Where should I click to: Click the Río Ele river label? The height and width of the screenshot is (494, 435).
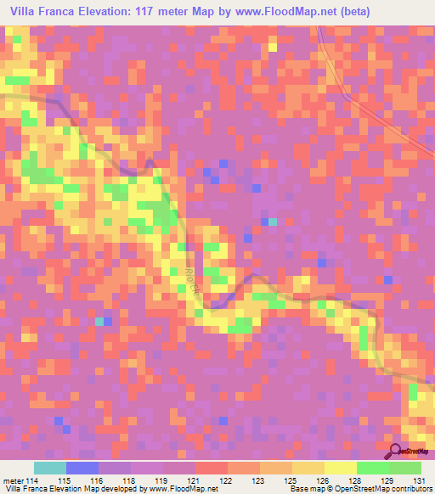[187, 278]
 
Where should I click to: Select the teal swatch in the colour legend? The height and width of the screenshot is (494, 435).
[50, 468]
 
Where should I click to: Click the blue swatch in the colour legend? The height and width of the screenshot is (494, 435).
[82, 468]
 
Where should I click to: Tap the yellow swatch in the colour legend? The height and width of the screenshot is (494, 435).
[340, 468]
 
